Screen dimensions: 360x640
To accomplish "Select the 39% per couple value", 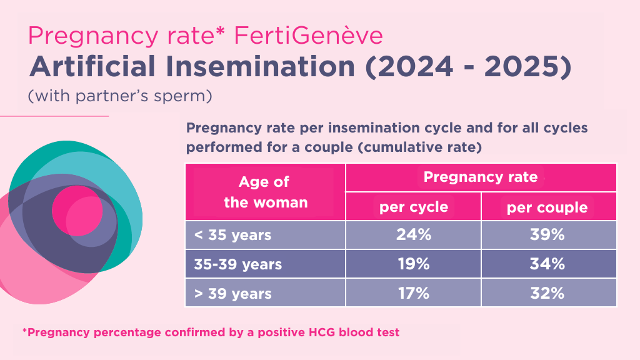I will pos(548,235).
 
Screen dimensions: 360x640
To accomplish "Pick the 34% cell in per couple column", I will pos(548,264).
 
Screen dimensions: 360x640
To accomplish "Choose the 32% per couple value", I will pos(548,292).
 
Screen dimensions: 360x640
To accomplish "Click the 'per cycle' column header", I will pos(413,207).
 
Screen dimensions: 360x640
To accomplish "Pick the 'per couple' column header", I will pos(547,207).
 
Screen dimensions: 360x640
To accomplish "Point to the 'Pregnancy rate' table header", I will pos(481,177).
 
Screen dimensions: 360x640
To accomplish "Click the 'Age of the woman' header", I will pos(265,192).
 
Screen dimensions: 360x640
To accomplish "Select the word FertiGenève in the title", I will pos(308,36).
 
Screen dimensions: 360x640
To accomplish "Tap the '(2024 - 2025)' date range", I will pos(468,67).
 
